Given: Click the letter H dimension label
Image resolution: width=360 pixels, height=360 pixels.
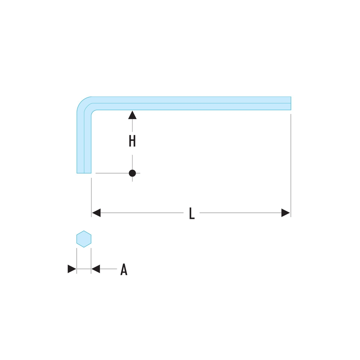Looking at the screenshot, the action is click(132, 141).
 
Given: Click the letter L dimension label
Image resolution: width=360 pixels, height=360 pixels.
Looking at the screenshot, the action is click(192, 213).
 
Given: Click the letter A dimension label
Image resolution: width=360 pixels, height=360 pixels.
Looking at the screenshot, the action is click(124, 269).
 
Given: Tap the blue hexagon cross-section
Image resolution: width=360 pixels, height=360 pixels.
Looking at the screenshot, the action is click(84, 239).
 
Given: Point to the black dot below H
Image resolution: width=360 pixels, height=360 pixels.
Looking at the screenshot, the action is click(132, 173).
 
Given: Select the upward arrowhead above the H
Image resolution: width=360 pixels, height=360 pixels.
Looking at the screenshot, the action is click(132, 115).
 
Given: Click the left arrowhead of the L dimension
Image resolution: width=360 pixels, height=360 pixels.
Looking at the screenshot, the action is click(96, 213).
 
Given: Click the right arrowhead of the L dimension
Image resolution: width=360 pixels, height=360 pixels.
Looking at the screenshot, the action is click(285, 213).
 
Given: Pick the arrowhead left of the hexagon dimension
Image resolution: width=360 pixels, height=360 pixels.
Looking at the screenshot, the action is click(72, 269).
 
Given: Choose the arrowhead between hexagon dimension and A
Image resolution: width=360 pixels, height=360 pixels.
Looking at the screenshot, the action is click(96, 269).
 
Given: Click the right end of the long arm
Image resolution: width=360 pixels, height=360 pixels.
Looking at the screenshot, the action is click(291, 103).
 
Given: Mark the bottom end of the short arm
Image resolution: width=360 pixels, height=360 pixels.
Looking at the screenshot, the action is click(84, 173).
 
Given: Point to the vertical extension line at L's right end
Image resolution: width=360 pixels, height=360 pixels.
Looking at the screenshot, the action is click(291, 166).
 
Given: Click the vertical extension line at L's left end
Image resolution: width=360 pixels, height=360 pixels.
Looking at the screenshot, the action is click(91, 197).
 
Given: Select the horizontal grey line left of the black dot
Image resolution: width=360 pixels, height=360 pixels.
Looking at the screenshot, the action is click(112, 173).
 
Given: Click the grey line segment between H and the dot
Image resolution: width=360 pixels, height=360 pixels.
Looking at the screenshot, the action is click(132, 162).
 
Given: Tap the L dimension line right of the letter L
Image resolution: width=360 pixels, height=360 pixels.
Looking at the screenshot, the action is click(240, 213).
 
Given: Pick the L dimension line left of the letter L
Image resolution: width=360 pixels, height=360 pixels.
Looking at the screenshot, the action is click(142, 213).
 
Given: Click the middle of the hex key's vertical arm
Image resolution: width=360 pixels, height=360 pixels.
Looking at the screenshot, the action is click(84, 144).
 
